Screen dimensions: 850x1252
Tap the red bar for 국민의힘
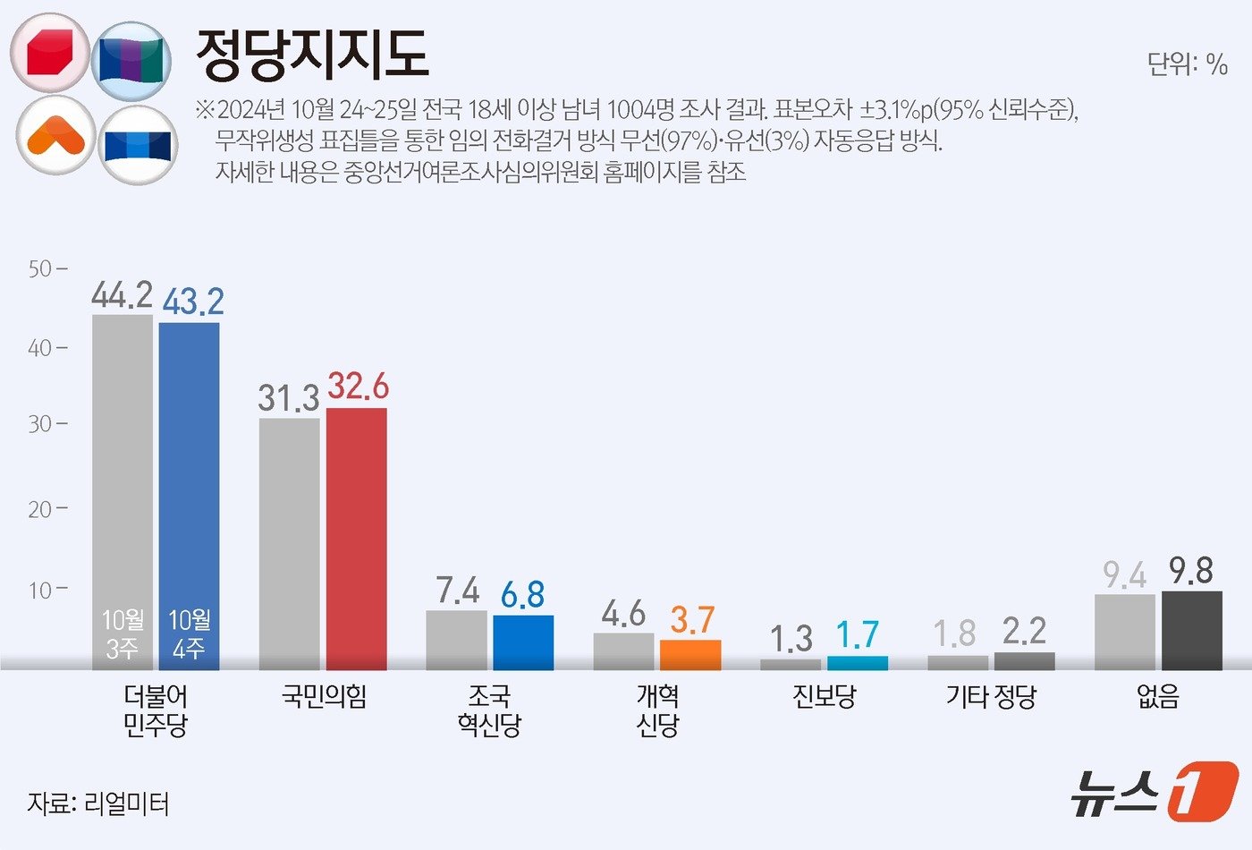pos(356,537)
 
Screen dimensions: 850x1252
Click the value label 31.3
pos(288,398)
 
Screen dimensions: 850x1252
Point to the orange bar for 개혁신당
pos(689,655)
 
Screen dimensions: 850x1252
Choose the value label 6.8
pos(522,594)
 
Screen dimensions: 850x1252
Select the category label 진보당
pos(824,696)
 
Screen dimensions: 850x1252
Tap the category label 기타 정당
pos(991,696)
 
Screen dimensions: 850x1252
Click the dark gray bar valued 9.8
pos(1191,630)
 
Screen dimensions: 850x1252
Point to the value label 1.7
pos(857,635)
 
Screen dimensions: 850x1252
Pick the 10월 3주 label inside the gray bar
pos(123,633)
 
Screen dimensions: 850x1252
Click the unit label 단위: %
pos(1187,64)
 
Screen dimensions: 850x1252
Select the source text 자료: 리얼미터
pos(97,803)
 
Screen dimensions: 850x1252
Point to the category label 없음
pos(1158,696)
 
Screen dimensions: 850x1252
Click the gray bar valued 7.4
pos(456,640)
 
